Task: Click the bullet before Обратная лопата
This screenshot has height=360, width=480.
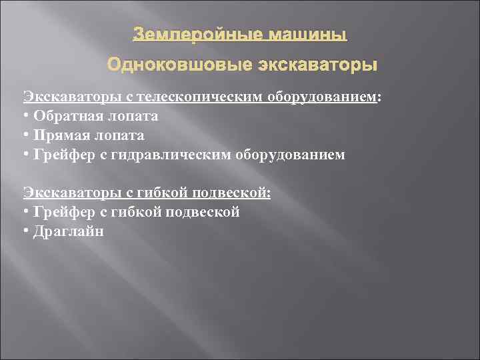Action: (26, 117)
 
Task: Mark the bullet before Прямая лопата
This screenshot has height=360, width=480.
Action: (26, 135)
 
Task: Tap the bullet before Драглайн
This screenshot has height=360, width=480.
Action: (26, 231)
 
